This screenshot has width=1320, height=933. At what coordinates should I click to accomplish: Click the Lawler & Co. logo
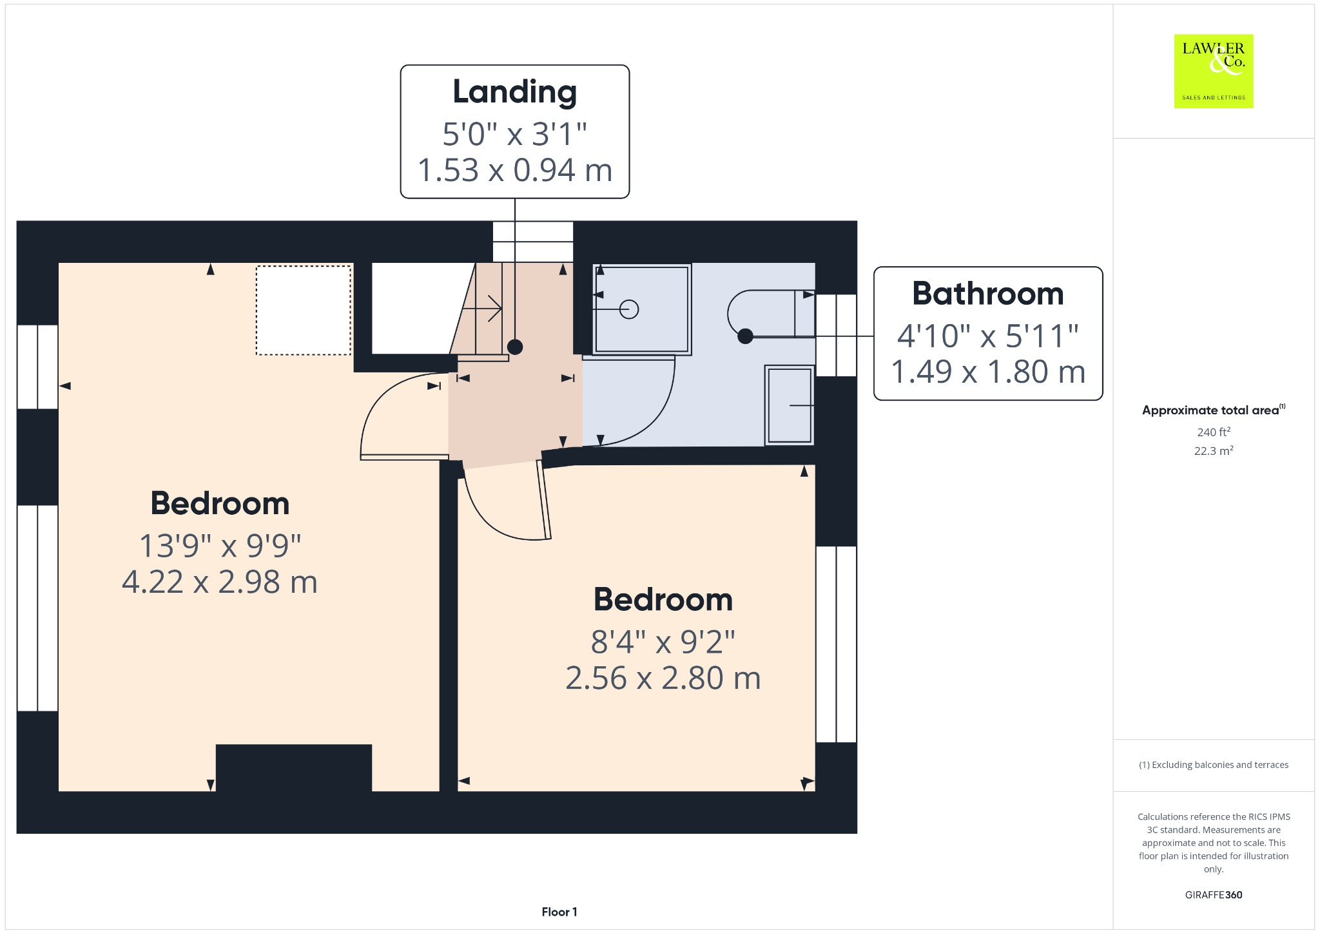click(1213, 71)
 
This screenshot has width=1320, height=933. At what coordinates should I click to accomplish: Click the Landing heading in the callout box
click(514, 91)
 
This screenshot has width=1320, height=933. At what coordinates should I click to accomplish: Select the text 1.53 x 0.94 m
click(514, 171)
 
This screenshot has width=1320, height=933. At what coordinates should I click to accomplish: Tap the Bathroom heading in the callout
click(987, 294)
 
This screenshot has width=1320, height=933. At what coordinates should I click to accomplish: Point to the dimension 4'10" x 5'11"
click(987, 336)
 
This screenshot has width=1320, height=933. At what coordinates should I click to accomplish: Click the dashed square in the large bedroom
click(304, 310)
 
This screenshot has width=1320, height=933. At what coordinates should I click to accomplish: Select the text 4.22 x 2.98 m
click(220, 582)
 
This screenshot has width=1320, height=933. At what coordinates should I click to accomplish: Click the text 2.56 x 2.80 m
click(663, 678)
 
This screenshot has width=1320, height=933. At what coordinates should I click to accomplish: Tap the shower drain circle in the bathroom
click(629, 309)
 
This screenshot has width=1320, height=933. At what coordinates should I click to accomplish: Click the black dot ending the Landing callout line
click(514, 347)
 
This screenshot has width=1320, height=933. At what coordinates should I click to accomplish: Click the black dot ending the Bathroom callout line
click(745, 336)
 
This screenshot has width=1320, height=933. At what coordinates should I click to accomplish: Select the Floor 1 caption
click(559, 912)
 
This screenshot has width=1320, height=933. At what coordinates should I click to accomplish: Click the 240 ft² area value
click(1213, 432)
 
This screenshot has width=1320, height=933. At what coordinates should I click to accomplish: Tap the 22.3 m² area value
click(1213, 450)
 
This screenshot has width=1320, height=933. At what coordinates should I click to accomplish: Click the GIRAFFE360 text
click(1213, 894)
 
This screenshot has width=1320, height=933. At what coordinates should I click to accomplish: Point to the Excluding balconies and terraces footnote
click(1213, 765)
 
